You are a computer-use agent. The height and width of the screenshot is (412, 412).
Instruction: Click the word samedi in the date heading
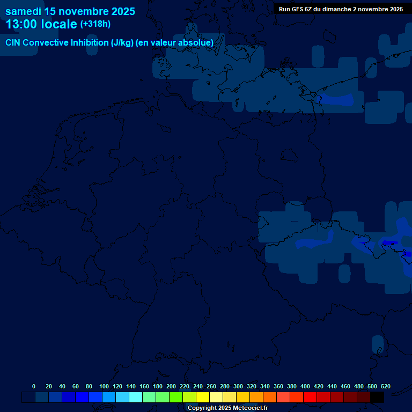23,11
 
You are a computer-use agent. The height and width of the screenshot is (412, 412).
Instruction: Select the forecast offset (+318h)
95,24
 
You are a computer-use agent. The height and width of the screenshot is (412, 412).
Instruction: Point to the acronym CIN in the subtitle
13,43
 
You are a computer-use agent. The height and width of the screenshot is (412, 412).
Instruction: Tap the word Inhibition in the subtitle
90,43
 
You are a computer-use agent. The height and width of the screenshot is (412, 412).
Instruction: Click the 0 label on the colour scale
34,386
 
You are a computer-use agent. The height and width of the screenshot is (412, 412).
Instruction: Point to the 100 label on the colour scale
104,386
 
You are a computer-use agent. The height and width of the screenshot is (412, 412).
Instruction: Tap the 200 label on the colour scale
171,386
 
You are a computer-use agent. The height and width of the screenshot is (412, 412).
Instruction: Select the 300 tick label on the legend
238,386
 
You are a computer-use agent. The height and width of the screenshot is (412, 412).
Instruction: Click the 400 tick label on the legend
305,386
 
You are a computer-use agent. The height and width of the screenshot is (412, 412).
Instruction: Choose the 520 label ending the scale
386,386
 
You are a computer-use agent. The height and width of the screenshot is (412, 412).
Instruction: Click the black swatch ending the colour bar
377,398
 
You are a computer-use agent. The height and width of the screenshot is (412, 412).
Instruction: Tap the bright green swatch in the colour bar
176,398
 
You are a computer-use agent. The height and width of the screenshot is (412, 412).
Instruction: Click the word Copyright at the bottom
202,408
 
